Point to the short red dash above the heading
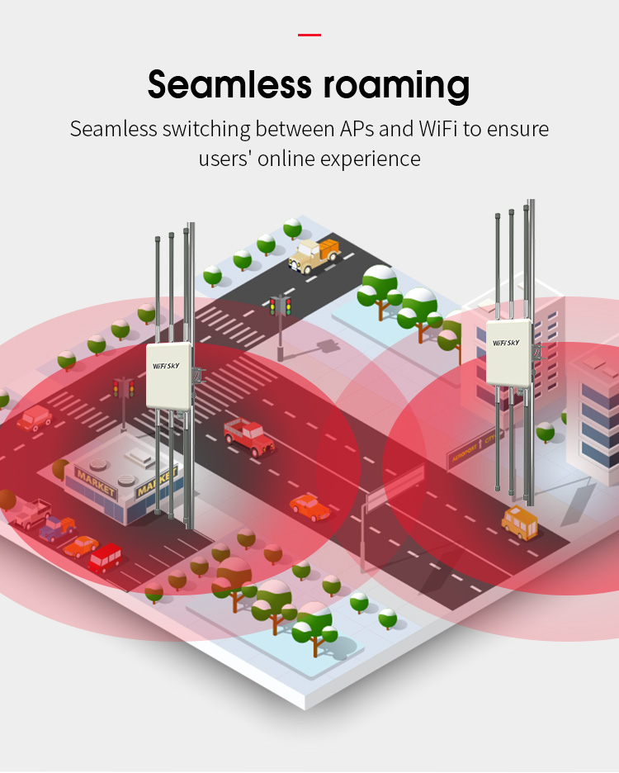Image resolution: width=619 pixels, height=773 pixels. pyautogui.click(x=309, y=35)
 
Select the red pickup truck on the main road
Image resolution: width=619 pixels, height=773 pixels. pyautogui.click(x=248, y=435)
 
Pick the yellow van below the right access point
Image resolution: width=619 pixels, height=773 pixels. pyautogui.click(x=520, y=523)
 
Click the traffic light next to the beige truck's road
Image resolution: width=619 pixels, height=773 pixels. pyautogui.click(x=280, y=308)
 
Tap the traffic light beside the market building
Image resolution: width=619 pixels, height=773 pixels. pyautogui.click(x=124, y=388)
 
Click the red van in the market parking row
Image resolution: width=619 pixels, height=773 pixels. pyautogui.click(x=106, y=559)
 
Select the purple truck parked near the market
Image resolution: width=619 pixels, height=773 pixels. pyautogui.click(x=57, y=527)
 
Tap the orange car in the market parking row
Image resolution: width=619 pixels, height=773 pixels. pyautogui.click(x=81, y=546)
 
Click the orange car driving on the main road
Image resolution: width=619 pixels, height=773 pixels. pyautogui.click(x=309, y=506)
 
